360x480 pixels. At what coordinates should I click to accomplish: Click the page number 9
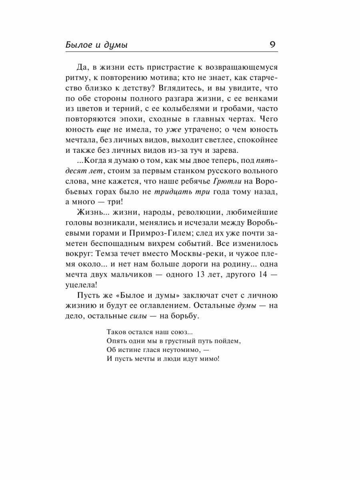click(x=272, y=44)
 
